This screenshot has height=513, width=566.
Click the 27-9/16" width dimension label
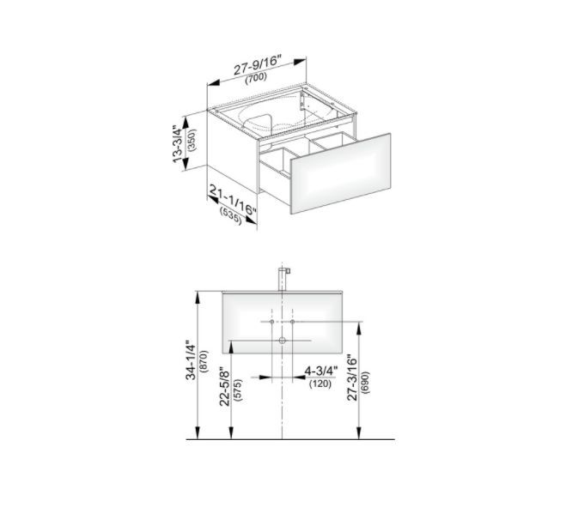[257, 65]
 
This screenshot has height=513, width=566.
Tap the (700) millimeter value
[256, 78]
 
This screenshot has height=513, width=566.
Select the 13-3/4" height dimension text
[179, 144]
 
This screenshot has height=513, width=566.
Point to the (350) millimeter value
[192, 140]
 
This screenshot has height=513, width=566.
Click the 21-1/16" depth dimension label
[233, 202]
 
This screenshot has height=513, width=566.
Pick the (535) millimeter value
[230, 215]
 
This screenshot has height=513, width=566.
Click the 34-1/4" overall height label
[191, 360]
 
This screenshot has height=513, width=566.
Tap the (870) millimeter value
[205, 361]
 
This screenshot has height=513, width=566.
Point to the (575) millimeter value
[238, 390]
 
